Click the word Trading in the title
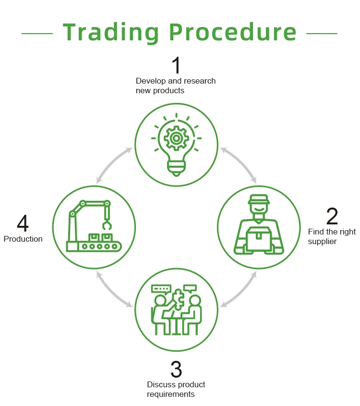click(x=112, y=32)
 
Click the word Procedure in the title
click(x=234, y=32)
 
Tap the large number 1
click(x=176, y=66)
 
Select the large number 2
click(x=332, y=217)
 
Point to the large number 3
click(x=176, y=369)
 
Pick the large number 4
click(x=23, y=224)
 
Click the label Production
click(x=23, y=239)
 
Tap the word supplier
click(x=322, y=241)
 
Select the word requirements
click(x=170, y=394)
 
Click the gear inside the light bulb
click(x=176, y=138)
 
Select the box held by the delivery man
click(x=259, y=238)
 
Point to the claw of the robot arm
click(x=106, y=225)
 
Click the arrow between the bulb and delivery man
click(x=239, y=165)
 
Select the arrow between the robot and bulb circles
click(x=114, y=165)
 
